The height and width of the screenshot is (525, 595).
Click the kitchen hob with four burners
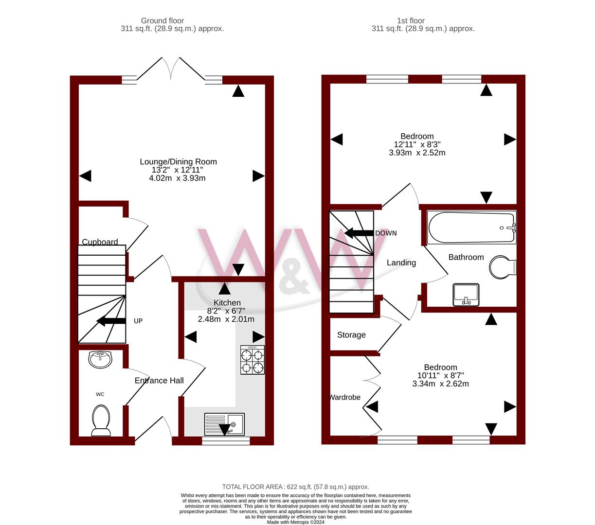252,360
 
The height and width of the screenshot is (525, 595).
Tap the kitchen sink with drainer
224,424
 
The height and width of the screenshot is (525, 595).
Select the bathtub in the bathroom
471,227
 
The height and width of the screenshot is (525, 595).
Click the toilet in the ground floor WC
101,420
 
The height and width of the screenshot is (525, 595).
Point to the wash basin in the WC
100,360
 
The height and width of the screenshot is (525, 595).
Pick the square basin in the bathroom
466,295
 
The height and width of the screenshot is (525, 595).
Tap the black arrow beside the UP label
111,321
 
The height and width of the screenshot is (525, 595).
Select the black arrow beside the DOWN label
359,233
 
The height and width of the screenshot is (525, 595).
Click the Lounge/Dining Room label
178,162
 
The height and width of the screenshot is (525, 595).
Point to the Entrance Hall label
159,380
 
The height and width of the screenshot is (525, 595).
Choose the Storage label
351,335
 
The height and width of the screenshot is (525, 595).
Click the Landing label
401,262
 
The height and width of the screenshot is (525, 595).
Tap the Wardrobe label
344,397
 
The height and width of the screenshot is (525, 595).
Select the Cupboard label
100,242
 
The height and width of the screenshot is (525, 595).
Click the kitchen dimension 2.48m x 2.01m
226,319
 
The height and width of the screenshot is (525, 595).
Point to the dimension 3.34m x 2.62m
440,384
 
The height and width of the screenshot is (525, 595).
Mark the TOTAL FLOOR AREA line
295,487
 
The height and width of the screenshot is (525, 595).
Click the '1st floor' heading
411,20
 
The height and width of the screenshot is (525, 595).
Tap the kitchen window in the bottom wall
226,440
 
